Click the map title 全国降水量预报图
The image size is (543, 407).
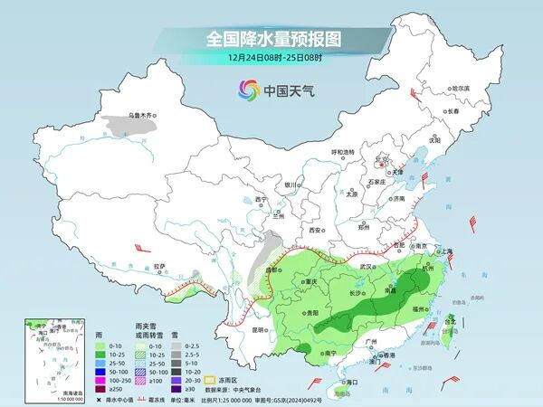272,39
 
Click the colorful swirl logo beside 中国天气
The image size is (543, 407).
248,90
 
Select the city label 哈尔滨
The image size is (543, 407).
461,89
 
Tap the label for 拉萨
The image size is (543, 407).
159,266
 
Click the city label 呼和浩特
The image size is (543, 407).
344,152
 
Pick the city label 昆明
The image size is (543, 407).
259,329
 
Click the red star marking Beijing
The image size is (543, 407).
380,166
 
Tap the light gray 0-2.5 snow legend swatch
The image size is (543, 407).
173,345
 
